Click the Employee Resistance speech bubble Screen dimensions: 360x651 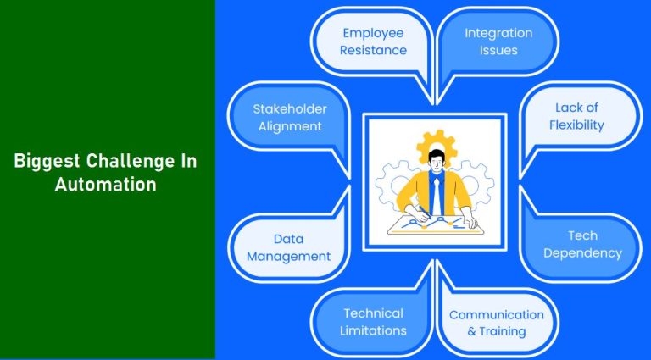(373, 42)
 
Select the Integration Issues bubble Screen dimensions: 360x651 (498, 42)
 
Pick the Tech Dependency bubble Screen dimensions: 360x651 (582, 244)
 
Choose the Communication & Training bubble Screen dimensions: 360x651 (497, 323)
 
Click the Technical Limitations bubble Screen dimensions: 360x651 (373, 322)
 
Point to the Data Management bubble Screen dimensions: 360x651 (289, 247)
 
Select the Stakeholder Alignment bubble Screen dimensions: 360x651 (289, 117)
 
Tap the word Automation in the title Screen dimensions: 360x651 (106, 185)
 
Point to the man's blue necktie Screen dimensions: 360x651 (435, 193)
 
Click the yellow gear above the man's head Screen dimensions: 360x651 (438, 142)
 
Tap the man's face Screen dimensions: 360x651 (436, 163)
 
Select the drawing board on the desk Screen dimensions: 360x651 (434, 223)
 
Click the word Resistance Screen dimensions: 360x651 (373, 50)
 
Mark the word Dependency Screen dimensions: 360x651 (582, 252)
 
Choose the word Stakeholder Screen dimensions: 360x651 (289, 108)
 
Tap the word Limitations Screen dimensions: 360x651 (373, 330)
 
